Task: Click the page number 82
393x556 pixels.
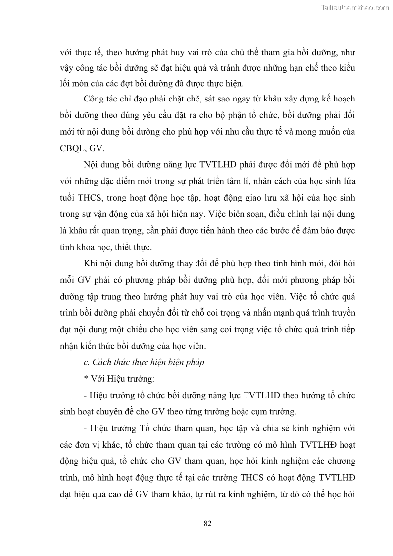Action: [207, 524]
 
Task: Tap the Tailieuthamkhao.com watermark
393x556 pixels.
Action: [355, 7]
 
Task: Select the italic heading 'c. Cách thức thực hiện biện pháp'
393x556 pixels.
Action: [144, 362]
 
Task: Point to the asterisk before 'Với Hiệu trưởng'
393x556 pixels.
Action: [86, 379]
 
